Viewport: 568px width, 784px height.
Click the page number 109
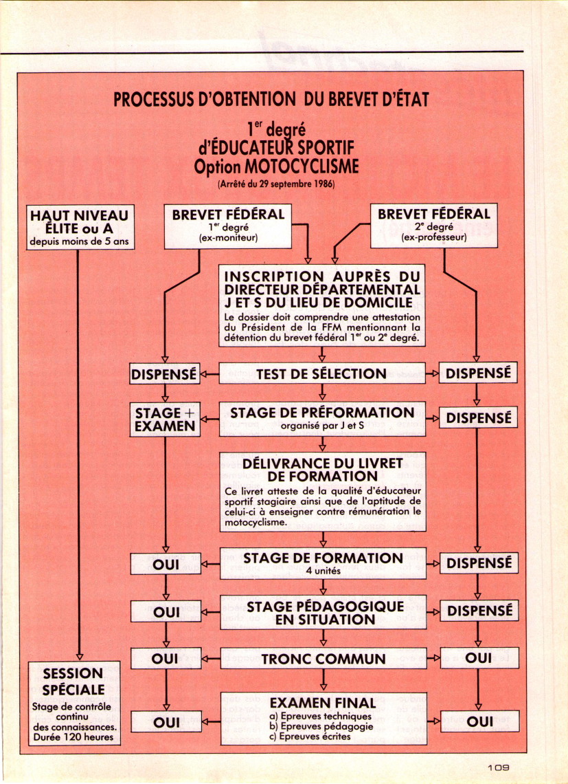tap(498, 767)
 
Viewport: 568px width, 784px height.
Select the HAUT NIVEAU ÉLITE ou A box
tap(80, 227)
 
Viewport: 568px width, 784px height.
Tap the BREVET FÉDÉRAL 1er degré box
tap(228, 226)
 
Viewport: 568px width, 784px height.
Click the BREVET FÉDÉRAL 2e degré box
tap(433, 226)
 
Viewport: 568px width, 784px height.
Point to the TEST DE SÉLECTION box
tap(321, 373)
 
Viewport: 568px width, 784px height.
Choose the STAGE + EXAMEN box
tap(165, 419)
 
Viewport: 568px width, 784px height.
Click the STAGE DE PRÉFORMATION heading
tap(322, 413)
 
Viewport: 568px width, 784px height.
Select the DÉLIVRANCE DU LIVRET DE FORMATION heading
tap(322, 470)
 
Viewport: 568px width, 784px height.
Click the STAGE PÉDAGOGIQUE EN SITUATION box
tap(323, 612)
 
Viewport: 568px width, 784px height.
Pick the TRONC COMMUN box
tap(323, 659)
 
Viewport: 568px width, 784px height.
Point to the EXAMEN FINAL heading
tap(323, 703)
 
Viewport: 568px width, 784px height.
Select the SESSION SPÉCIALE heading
tap(73, 681)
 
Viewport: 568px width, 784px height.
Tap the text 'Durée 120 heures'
tap(73, 737)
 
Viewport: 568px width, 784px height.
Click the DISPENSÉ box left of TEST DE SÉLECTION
tap(164, 373)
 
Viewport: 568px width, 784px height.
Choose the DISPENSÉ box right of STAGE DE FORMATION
tap(479, 563)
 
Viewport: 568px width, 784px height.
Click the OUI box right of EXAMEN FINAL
tap(479, 721)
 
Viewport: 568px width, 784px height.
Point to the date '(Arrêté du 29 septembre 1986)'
tap(276, 184)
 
